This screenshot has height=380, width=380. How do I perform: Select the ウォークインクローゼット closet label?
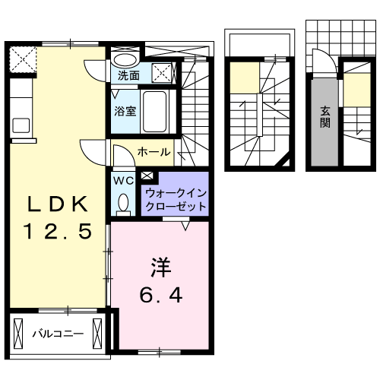[174, 199]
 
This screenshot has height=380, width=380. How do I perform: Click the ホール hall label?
[154, 152]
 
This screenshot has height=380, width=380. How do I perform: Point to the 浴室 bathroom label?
[125, 110]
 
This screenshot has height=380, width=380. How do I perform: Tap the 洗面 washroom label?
[128, 76]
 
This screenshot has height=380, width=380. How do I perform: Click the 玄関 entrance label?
[325, 116]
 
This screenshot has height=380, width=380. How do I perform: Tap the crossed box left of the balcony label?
[19, 333]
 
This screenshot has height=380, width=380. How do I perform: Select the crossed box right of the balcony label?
[97, 333]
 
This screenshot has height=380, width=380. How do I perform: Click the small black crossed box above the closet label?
[147, 176]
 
